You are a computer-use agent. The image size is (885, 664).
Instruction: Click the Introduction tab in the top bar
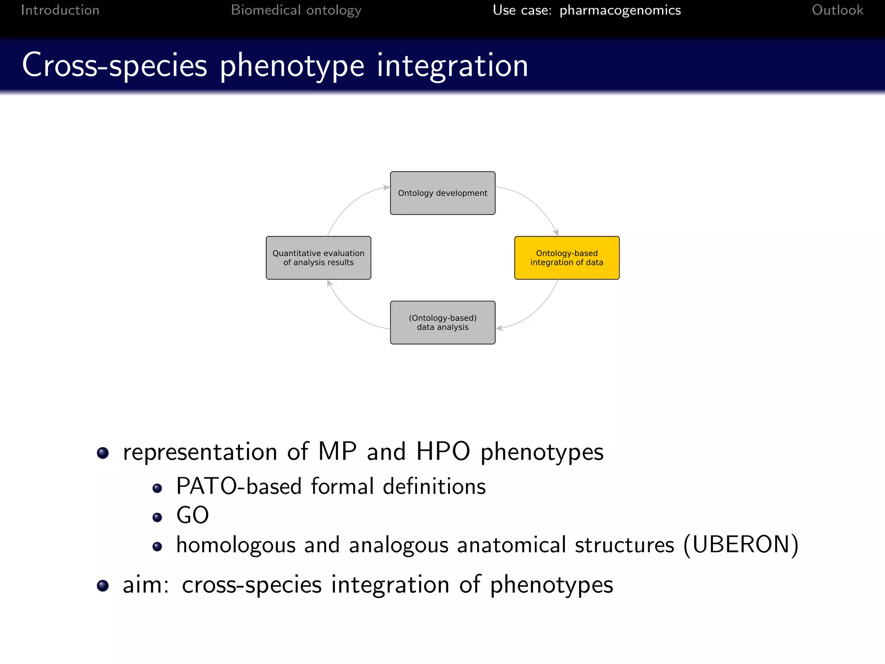click(x=60, y=10)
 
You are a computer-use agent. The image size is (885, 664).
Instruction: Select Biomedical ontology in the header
click(x=296, y=10)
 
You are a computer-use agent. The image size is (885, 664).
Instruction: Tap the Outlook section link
click(x=837, y=10)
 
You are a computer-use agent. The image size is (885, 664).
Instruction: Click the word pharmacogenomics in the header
click(x=620, y=10)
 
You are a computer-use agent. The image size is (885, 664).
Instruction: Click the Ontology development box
click(x=442, y=193)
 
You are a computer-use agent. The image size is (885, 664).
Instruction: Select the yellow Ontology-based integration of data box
click(x=567, y=258)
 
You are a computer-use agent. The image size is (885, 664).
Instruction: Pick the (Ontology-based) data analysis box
click(x=442, y=322)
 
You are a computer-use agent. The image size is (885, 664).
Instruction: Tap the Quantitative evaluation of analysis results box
click(x=318, y=258)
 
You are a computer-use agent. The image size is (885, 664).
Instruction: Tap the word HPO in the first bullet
click(x=443, y=451)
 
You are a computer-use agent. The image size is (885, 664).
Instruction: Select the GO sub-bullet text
click(x=192, y=515)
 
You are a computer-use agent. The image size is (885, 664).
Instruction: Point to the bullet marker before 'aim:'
click(x=103, y=586)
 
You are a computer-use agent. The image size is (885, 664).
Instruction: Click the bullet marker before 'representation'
click(x=103, y=453)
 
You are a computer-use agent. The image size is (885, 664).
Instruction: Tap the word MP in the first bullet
click(x=337, y=451)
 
